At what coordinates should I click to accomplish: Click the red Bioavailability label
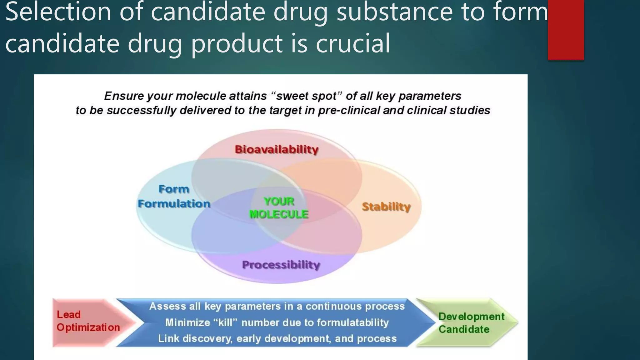277,149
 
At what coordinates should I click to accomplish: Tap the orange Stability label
386,207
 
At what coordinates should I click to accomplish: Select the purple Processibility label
281,265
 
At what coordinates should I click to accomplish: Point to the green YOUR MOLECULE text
279,208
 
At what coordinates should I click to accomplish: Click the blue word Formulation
174,204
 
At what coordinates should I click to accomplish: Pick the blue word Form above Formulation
174,189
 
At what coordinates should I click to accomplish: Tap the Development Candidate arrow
471,323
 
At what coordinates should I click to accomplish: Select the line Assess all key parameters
277,306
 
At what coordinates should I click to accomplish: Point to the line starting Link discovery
277,339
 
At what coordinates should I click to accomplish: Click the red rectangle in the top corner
566,30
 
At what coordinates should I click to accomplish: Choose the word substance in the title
395,12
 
